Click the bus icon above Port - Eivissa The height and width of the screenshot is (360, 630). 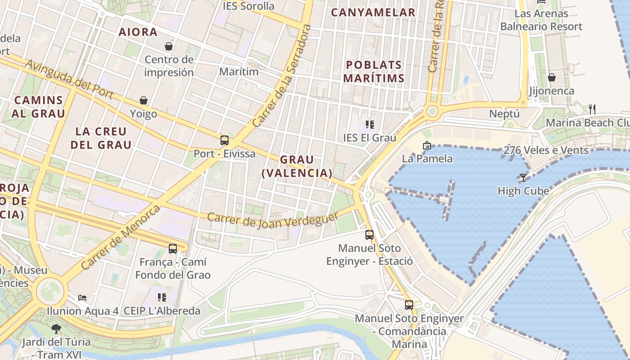point(225,140)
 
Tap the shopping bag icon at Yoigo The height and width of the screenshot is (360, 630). point(144,100)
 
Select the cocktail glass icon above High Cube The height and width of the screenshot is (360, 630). point(523,178)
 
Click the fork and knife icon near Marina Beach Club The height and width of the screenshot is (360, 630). point(592,109)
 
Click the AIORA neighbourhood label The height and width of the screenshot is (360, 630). point(138,32)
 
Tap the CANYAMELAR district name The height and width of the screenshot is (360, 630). point(373,13)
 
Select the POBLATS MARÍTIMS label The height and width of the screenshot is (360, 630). point(374,72)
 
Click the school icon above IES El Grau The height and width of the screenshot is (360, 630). point(370,125)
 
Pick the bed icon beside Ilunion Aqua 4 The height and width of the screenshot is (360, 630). point(82,297)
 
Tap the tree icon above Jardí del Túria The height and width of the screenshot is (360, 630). point(56,329)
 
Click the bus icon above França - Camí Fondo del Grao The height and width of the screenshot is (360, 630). point(173,249)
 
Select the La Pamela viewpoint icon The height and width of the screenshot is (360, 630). point(427,145)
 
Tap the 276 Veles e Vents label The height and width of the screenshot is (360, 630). point(546,150)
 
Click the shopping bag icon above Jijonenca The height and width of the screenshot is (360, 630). point(552,78)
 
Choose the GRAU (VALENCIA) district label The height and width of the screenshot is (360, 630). point(297,166)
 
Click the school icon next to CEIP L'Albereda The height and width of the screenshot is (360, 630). point(162,297)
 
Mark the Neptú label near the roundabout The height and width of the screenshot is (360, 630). point(504,114)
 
